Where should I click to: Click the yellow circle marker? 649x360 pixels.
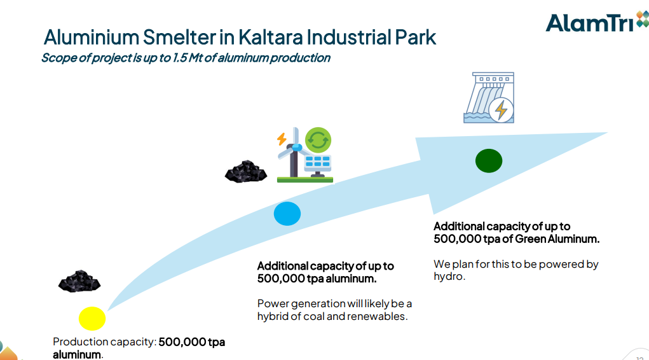(x=92, y=318)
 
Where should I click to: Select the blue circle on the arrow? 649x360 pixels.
(x=287, y=214)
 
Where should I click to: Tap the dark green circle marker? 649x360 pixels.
(x=489, y=160)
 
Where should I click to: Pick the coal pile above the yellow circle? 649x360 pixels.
(x=79, y=282)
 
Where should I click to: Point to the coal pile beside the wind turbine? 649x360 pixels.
(x=246, y=171)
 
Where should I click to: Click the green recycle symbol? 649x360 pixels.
(x=318, y=139)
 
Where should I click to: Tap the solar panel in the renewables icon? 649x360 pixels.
(x=317, y=162)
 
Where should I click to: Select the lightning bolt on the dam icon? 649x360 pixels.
(x=502, y=109)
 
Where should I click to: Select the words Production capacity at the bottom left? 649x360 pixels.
(x=104, y=342)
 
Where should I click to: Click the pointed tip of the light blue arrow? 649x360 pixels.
(x=605, y=133)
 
